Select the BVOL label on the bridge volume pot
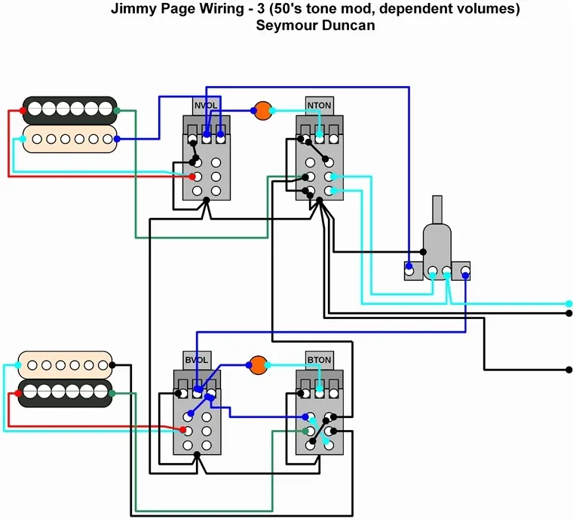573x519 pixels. coord(196,360)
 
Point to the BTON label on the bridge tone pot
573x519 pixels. coord(319,360)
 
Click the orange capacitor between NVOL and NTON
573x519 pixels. coord(262,111)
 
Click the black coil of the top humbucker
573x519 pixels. coord(69,109)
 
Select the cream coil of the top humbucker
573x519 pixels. coord(69,139)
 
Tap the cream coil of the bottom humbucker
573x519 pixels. coord(65,365)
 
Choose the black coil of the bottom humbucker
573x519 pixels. coord(65,393)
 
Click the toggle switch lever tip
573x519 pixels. coord(437,201)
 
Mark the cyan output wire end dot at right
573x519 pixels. coord(569,302)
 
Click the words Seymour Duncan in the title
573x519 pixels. coord(316,26)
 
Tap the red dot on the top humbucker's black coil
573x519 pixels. coord(23,111)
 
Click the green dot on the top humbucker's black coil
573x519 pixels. coord(117,111)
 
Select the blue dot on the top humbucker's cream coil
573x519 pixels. coord(117,140)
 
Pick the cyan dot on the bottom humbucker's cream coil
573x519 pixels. coord(17,365)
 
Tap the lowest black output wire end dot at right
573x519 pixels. coord(569,370)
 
